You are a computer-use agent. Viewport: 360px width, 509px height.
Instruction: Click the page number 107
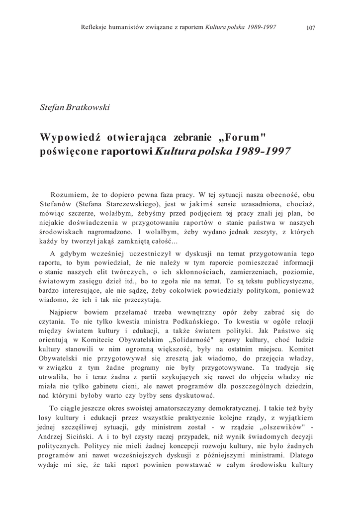[x=311, y=27]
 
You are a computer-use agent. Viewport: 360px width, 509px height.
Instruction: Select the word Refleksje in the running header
[x=94, y=27]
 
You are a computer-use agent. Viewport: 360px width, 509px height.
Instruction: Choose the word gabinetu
[x=116, y=386]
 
